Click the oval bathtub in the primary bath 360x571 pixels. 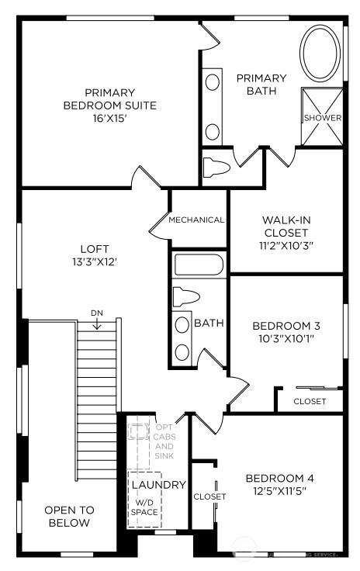point(320,54)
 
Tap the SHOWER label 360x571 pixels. point(322,118)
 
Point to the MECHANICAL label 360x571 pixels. point(196,220)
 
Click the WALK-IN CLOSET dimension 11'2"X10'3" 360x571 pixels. point(287,244)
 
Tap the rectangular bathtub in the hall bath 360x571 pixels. point(199,265)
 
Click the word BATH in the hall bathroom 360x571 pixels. point(209,323)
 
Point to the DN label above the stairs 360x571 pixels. point(97,313)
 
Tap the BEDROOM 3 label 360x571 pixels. point(287,326)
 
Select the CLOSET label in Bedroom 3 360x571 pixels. point(310,401)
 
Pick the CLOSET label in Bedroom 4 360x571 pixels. point(209,497)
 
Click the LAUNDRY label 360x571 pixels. point(158,485)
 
